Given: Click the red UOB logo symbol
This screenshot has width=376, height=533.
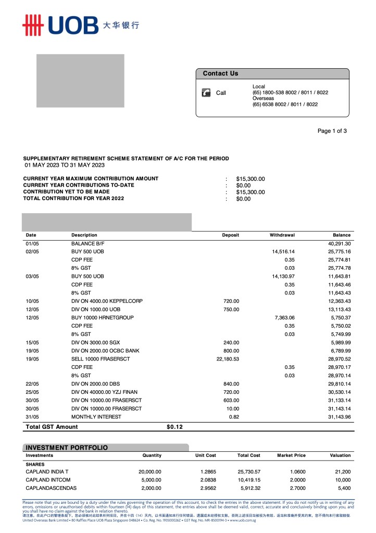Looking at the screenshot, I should point(32,24).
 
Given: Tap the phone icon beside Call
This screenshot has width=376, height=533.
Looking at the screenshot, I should point(206,93).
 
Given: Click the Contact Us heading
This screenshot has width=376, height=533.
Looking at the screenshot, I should point(220,73).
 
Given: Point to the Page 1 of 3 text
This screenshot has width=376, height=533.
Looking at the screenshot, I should point(332,131).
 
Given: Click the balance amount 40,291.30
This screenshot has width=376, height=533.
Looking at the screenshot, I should point(339,243).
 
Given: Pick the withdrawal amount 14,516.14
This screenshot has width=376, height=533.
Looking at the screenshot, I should point(283,252).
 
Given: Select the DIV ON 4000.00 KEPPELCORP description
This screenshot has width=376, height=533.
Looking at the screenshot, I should point(107,301).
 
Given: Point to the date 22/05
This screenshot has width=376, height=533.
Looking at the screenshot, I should point(32,384).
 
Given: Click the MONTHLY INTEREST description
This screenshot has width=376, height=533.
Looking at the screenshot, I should point(96,417).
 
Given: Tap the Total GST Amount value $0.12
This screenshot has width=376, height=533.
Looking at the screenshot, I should point(174,427).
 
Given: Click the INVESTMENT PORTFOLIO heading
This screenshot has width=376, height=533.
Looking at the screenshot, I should point(67,448).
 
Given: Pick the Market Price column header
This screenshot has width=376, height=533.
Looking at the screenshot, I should point(291,455).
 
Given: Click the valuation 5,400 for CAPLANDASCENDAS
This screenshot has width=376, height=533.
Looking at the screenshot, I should point(342,488).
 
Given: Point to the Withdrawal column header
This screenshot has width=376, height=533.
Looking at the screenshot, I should point(282,235).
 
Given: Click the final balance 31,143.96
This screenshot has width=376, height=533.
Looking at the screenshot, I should point(339,417).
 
